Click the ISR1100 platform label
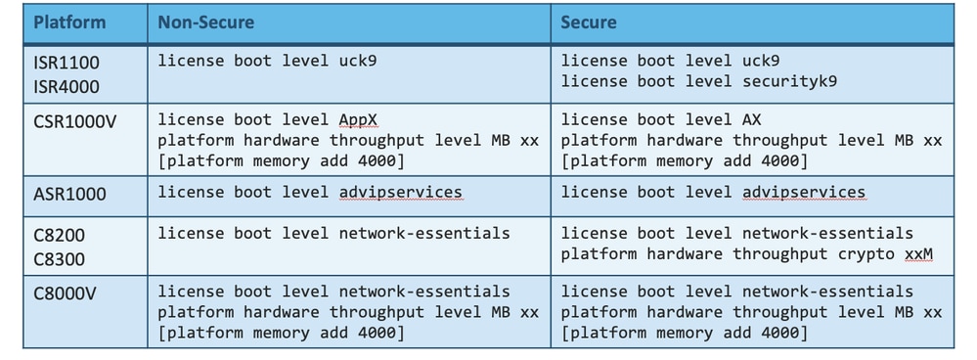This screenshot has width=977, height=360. pyautogui.click(x=67, y=62)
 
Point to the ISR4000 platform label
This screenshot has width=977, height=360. pyautogui.click(x=67, y=86)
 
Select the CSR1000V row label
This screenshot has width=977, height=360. pyautogui.click(x=73, y=125)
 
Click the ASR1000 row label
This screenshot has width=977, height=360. pyautogui.click(x=69, y=194)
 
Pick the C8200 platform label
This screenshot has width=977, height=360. pyautogui.click(x=59, y=236)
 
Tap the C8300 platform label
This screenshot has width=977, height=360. pyautogui.click(x=59, y=259)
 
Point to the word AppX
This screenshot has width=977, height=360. pyautogui.click(x=358, y=119)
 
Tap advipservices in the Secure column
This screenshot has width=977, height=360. pyautogui.click(x=804, y=192)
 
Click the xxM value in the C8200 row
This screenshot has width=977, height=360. pyautogui.click(x=918, y=253)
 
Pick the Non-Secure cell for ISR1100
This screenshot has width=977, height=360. pyautogui.click(x=348, y=72)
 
